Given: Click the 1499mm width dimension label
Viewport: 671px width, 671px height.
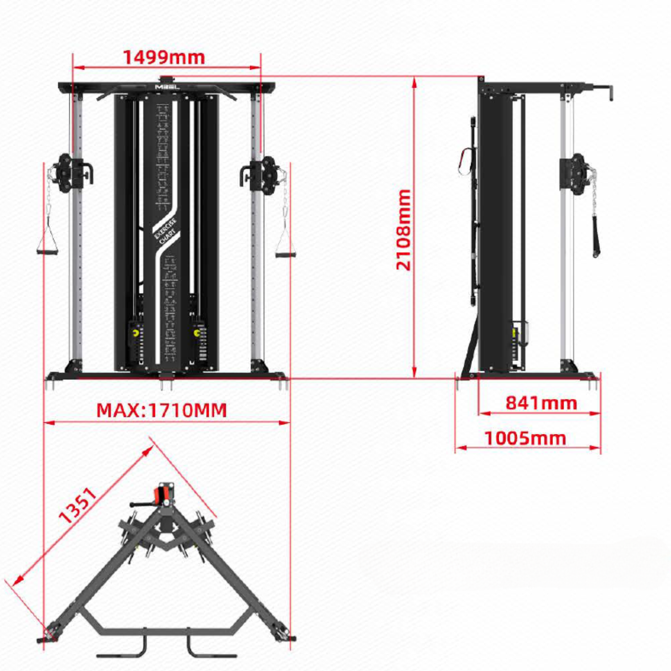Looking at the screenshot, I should point(164,57).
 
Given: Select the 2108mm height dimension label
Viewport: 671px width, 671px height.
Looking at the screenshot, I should point(403,229).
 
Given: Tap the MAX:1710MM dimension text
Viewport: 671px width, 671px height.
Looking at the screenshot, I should point(161,410).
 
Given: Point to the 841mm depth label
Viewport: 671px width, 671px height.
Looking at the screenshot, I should point(541,403).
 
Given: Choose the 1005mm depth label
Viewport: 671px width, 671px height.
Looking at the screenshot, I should point(525,438).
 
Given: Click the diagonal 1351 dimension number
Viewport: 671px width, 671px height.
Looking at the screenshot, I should point(78,505).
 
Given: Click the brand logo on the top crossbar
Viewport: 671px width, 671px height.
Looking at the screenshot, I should point(167,87).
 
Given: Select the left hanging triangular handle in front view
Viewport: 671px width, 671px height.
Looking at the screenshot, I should point(47,244).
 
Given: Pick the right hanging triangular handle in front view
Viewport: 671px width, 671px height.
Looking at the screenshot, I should point(285,245).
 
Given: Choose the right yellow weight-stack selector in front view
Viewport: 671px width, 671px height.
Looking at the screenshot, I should point(197,333).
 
